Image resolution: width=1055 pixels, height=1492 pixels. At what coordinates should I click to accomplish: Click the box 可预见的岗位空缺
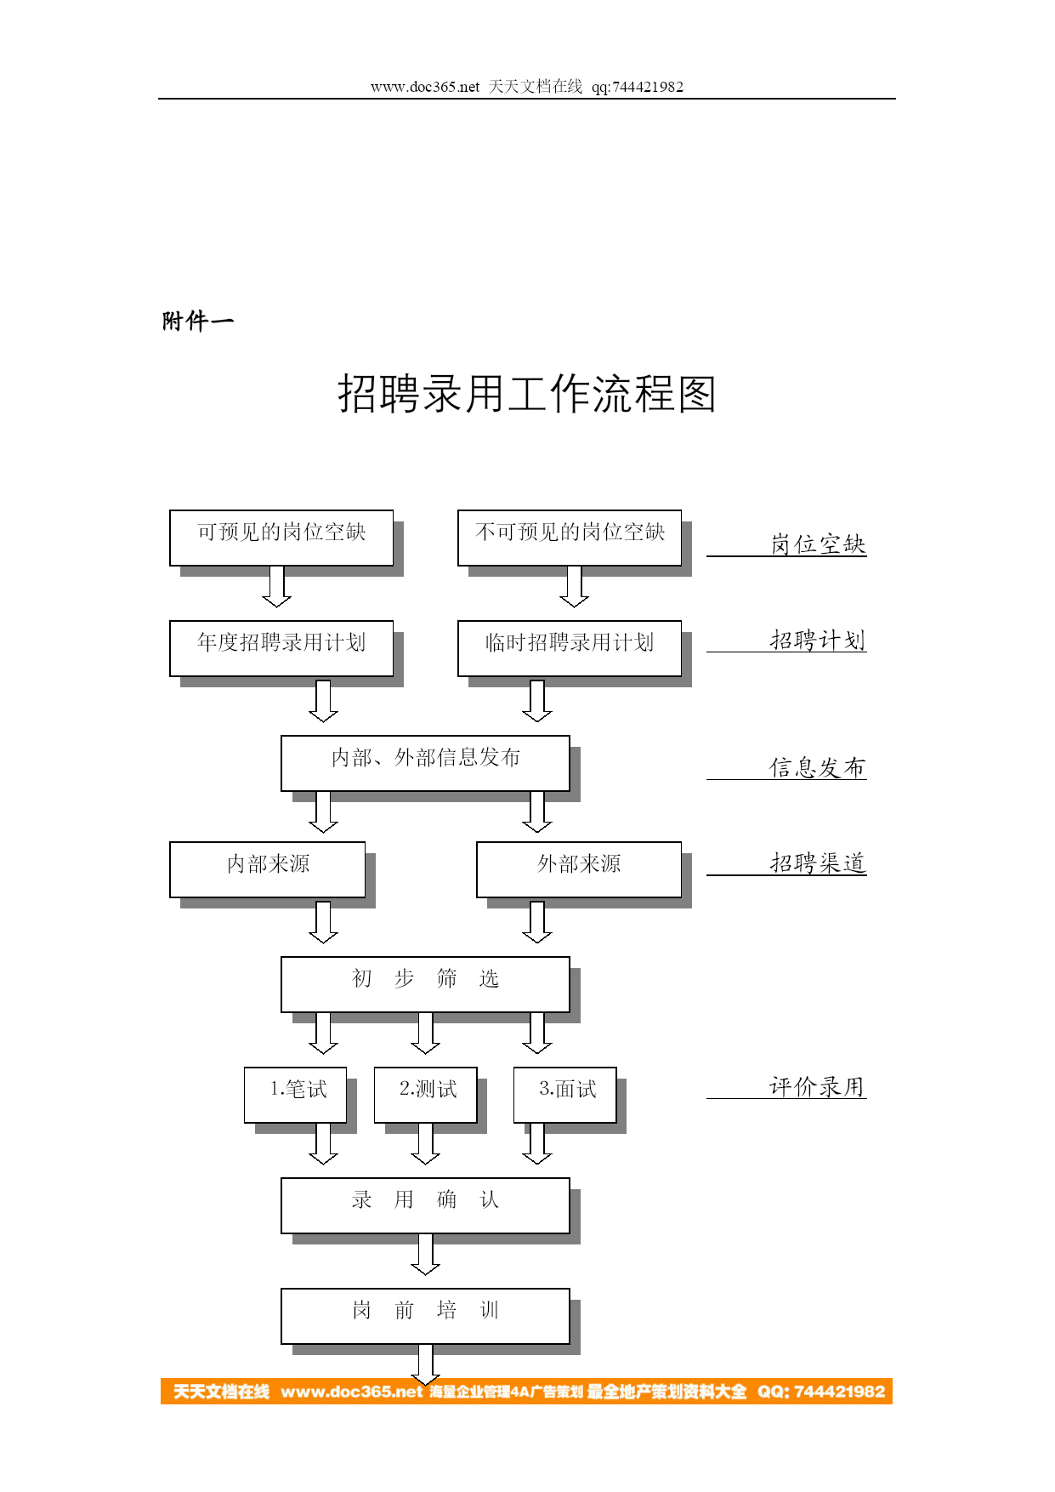coord(281,538)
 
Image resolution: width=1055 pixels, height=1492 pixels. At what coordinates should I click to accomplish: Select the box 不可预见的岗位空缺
coord(570,538)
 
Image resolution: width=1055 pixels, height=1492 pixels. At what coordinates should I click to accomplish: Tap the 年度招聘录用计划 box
coord(281,648)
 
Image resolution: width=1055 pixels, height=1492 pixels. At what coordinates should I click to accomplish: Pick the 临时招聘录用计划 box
coord(570,648)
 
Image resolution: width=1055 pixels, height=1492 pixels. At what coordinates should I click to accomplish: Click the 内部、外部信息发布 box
coord(425,763)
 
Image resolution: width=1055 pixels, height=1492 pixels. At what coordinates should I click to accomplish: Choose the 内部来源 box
coord(268,869)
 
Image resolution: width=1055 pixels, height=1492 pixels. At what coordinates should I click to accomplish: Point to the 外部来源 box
coord(579,869)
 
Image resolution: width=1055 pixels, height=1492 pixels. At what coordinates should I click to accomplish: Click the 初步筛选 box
coord(425,984)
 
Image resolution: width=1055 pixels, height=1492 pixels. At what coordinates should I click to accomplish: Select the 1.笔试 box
coord(296,1095)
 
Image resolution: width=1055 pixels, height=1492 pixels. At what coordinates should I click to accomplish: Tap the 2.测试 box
coord(426,1095)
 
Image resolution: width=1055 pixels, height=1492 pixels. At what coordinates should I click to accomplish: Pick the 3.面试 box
coord(565,1095)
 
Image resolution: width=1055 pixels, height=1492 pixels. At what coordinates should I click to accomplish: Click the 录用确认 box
coord(425,1205)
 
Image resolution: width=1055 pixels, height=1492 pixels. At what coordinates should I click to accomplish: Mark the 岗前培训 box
coord(425,1316)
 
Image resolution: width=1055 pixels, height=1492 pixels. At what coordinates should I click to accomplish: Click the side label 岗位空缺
coord(818,544)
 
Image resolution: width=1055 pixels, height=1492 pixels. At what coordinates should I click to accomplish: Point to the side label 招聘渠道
coord(818,863)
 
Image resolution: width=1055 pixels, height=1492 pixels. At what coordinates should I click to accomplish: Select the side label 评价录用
coord(818,1086)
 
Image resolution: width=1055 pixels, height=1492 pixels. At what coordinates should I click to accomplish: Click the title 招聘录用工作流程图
coord(527,394)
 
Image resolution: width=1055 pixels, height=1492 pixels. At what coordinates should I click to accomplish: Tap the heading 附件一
coord(198,321)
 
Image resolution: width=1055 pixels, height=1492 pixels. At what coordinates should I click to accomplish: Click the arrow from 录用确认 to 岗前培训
coord(425,1255)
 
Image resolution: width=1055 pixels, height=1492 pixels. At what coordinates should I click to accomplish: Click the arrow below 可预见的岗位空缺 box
coord(276,587)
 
